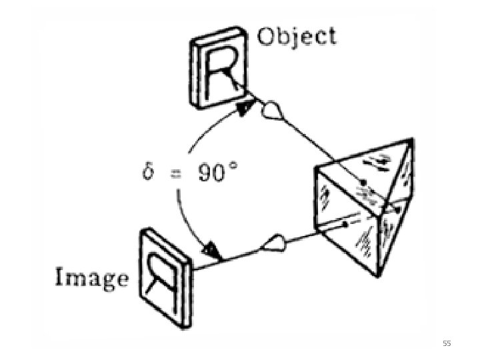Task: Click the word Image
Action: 91,277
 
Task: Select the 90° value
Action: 215,174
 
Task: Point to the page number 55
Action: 447,343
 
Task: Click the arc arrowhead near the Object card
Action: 247,107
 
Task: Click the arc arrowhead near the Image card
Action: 211,251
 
